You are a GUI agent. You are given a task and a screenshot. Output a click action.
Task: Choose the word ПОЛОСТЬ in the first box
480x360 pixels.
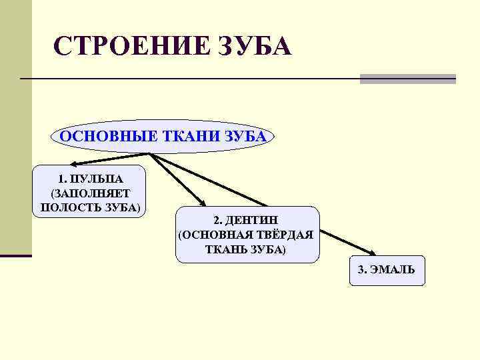tap(69, 207)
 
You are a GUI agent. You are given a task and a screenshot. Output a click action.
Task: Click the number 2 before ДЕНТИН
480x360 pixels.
tap(217, 221)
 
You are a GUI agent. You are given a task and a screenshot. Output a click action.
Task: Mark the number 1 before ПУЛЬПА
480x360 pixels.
tap(61, 179)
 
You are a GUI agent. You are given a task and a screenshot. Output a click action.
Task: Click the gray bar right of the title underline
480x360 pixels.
tap(407, 79)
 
